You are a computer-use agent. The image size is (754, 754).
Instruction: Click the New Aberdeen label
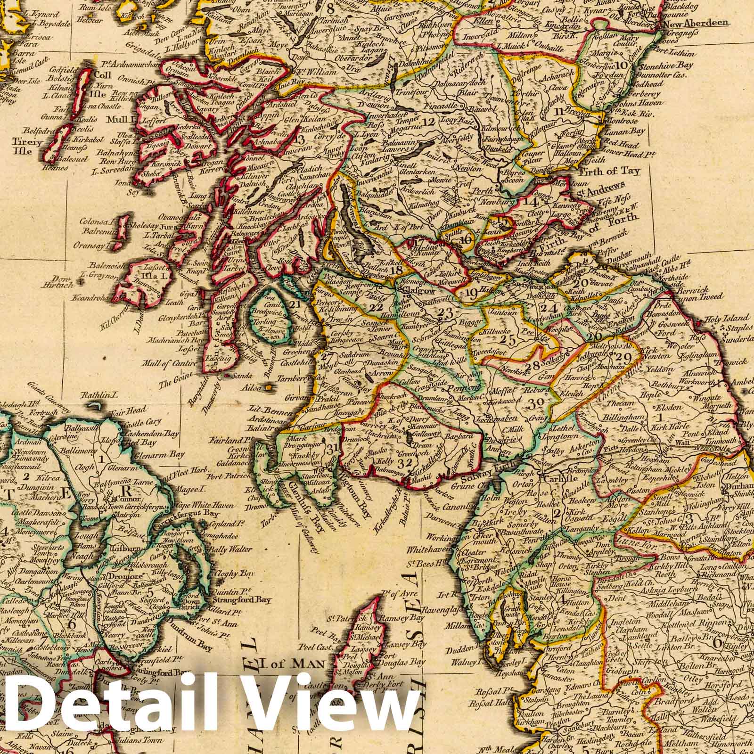[x=697, y=23]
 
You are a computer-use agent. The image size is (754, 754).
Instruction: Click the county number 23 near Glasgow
[x=444, y=314]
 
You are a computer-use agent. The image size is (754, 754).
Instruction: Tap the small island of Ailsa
[x=270, y=387]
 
